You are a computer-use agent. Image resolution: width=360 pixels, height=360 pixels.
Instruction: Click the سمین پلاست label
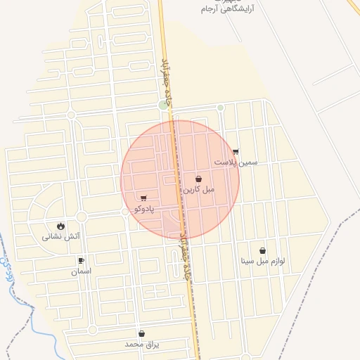(236, 162)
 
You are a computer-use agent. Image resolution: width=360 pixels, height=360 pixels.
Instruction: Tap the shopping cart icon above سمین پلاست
(236, 152)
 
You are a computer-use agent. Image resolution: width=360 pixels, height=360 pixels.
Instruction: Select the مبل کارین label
(199, 190)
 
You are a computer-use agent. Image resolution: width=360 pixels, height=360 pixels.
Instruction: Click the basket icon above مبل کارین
(199, 179)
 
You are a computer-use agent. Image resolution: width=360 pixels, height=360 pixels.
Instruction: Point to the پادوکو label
(143, 209)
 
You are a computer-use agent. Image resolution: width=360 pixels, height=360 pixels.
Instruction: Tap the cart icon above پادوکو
(143, 198)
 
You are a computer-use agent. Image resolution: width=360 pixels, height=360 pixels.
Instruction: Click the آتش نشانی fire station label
(61, 237)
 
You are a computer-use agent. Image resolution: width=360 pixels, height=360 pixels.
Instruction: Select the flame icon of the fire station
(61, 226)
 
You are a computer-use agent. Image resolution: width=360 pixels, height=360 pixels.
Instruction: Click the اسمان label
(81, 271)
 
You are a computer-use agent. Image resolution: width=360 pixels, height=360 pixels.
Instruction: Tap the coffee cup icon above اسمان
(81, 261)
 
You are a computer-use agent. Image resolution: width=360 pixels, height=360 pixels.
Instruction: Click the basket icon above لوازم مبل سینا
(263, 250)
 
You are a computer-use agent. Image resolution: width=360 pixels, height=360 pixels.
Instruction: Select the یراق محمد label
(142, 345)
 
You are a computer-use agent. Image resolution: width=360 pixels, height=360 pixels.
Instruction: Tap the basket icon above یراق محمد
(142, 334)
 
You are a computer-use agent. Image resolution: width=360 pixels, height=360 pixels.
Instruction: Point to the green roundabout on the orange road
(164, 105)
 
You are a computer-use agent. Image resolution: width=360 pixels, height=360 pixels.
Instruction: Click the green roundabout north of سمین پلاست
(220, 108)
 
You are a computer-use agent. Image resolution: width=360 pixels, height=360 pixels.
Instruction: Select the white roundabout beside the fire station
(82, 217)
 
